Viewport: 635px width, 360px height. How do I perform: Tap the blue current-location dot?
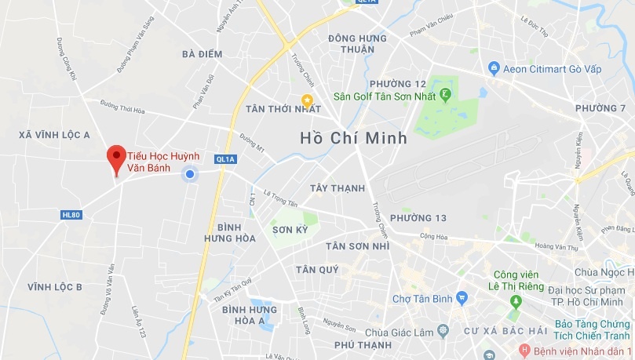(189, 174)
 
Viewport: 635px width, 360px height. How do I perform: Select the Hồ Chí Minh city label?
(354, 138)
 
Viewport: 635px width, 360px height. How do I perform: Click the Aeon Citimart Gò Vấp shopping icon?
(494, 69)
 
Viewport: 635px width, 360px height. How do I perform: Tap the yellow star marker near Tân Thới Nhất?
(308, 100)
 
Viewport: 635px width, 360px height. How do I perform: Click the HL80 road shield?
(71, 214)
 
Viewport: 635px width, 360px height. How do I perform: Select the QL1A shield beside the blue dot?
(226, 159)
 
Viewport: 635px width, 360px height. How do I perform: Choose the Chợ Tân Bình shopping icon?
(462, 297)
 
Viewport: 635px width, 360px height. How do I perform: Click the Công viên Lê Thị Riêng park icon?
(516, 301)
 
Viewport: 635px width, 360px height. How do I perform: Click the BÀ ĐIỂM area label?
(202, 54)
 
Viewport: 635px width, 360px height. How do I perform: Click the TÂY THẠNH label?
(338, 188)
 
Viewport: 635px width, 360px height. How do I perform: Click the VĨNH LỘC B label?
(54, 286)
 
